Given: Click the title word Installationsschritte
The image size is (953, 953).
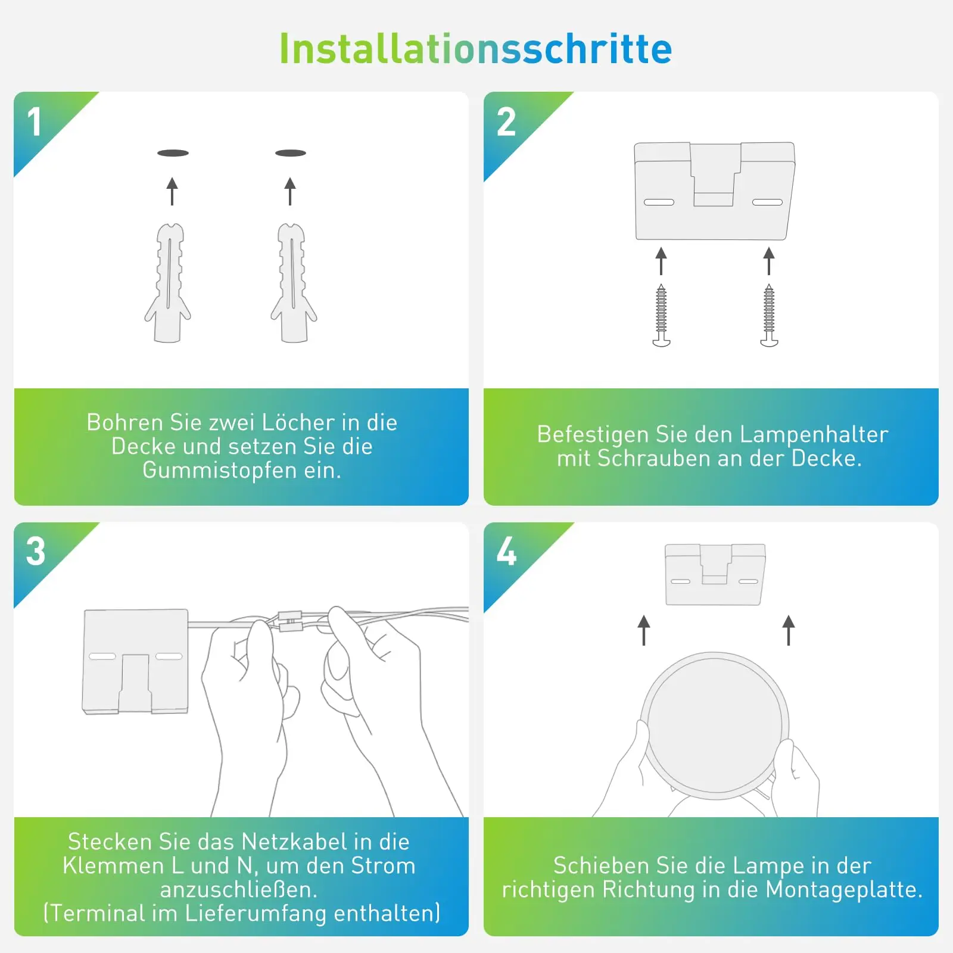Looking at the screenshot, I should [475, 49].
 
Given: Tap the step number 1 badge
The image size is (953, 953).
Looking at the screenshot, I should [35, 122].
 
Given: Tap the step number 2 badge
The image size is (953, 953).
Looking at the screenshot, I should [506, 122].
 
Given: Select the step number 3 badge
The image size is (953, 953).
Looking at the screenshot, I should [36, 551].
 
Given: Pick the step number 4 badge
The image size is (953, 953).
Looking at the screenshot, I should [506, 551].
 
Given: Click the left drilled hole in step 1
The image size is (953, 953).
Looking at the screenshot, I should [173, 153].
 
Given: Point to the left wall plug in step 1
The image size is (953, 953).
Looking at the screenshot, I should [169, 283].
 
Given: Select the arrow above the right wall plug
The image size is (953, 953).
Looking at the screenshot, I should [290, 191].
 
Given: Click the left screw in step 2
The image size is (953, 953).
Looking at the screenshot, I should [661, 316].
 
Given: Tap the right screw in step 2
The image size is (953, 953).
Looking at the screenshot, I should [769, 316].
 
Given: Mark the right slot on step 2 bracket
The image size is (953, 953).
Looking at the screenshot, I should [767, 203].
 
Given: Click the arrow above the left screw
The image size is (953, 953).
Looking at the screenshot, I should [661, 261].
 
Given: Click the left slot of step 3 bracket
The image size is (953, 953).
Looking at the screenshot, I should [102, 656].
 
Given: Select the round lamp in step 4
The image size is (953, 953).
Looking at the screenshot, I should [715, 725].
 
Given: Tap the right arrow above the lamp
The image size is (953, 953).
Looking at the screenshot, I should [789, 630].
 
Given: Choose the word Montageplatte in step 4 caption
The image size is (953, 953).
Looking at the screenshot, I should [843, 889].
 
